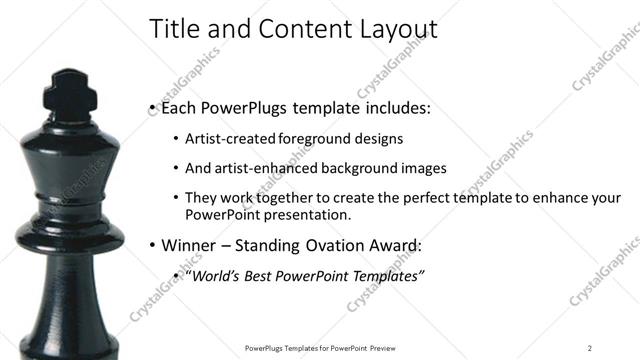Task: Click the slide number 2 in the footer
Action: click(x=590, y=347)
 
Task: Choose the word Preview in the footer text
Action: click(x=392, y=347)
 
